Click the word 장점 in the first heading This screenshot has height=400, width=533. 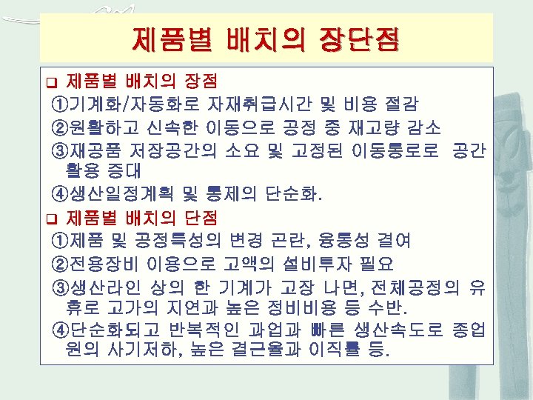pos(200,79)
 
